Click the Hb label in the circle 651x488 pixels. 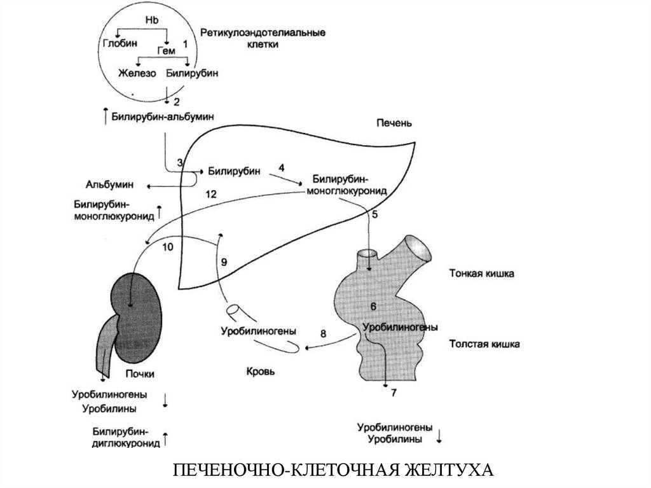152,20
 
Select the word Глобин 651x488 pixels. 120,43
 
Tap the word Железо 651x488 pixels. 137,74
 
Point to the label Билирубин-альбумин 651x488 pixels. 163,117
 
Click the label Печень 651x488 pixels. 394,123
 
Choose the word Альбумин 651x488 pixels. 109,184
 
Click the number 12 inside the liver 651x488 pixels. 211,194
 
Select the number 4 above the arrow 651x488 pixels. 282,168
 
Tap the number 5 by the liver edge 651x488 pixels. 375,214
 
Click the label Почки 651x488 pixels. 140,373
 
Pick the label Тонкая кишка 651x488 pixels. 482,274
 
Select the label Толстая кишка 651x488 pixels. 484,344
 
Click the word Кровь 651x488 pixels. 260,372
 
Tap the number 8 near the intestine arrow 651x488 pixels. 323,333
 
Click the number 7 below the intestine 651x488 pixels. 394,392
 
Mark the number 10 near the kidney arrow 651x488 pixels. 167,247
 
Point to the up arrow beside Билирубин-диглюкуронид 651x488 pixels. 165,438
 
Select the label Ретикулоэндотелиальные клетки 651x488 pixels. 263,38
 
